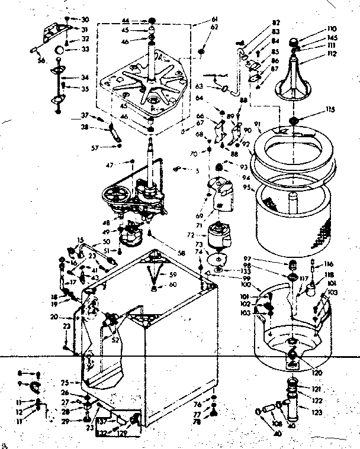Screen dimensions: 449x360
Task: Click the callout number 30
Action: point(84,20)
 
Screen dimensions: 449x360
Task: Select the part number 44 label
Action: point(126,20)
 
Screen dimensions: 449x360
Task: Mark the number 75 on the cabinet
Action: point(65,382)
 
